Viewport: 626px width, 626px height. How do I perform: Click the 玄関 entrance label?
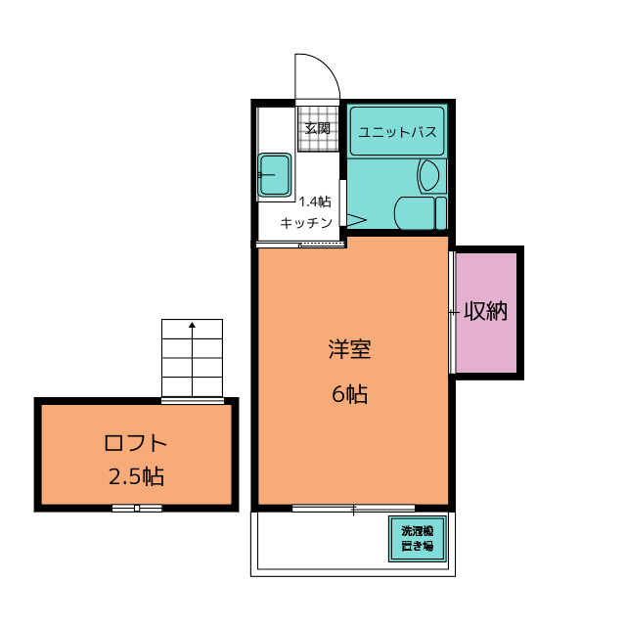318,128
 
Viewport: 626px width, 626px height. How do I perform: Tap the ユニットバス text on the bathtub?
397,132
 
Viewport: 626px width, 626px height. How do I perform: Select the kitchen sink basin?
274,175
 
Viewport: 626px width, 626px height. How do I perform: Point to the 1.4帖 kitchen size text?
315,202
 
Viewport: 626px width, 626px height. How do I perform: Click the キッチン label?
306,223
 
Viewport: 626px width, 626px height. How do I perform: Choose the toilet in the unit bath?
420,213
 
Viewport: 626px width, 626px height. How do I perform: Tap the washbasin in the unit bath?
428,175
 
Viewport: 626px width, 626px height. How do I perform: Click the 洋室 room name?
350,349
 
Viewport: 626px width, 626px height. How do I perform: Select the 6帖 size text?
350,394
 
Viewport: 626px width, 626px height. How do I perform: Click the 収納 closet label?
485,311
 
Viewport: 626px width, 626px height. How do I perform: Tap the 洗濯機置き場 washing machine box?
418,539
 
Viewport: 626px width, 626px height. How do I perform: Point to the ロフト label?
135,443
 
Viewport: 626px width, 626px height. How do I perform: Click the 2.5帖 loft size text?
136,476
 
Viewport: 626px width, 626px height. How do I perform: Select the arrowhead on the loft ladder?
192,325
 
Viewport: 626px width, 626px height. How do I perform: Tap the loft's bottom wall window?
137,508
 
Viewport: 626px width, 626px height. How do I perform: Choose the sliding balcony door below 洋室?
353,509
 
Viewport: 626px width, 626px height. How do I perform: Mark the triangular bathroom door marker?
356,220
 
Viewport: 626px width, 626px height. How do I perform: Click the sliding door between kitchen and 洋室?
301,245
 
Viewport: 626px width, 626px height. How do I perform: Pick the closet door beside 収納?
452,312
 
